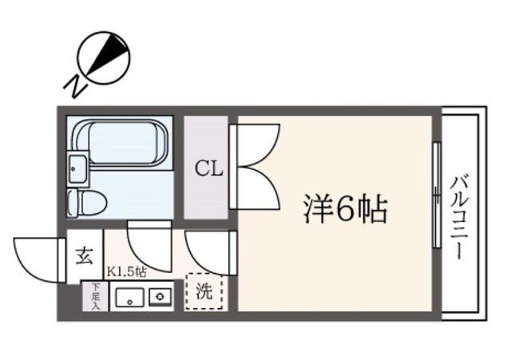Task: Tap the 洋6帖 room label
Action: pos(344,210)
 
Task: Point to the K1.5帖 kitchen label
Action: pos(126,272)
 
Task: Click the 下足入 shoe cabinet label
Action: pos(95,296)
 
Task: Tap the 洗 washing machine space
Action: pos(205,292)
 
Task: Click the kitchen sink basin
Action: pos(128,299)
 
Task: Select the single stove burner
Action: pos(160,299)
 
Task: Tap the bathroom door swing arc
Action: pos(149,247)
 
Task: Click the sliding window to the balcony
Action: pos(436,195)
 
